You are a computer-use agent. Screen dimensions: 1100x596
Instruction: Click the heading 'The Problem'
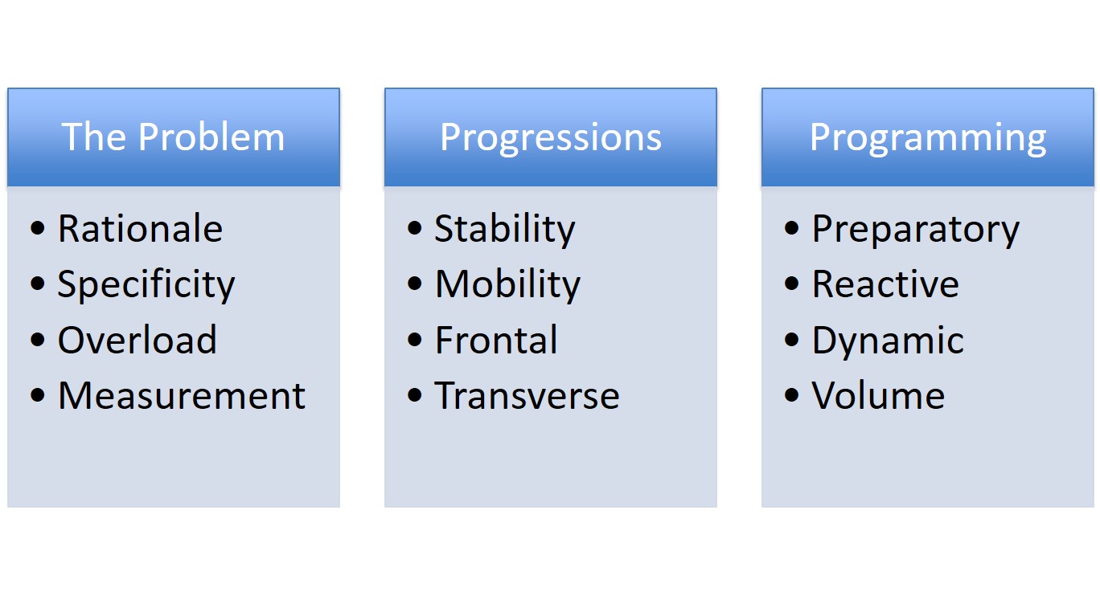[173, 137]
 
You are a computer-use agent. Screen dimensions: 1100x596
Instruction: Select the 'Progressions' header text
[551, 138]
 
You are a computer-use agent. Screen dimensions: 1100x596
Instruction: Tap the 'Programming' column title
[928, 138]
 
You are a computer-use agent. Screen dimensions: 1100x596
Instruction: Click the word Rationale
[141, 229]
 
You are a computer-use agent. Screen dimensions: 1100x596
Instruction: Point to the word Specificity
[146, 285]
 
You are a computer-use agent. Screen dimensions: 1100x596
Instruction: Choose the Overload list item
[137, 340]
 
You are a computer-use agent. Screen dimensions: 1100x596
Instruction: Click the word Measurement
[182, 395]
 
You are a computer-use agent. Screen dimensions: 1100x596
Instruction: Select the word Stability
[505, 230]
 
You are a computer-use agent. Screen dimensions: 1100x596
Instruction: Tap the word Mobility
[507, 285]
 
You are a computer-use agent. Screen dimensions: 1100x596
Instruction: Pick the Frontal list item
[496, 340]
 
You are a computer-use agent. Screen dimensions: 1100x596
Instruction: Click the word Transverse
[527, 395]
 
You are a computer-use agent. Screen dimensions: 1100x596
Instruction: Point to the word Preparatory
[916, 230]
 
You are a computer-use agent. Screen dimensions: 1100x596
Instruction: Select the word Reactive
[886, 284]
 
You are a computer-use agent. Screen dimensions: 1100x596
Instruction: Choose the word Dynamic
[889, 341]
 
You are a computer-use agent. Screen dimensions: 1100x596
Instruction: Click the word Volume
[878, 395]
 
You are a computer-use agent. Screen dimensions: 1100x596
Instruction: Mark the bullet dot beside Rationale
[37, 228]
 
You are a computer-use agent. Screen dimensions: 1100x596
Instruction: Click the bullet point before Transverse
[414, 395]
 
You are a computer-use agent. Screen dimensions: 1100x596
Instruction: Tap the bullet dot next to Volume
[791, 395]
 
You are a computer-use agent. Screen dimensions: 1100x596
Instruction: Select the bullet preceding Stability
[414, 228]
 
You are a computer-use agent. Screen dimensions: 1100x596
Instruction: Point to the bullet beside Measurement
[37, 395]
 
